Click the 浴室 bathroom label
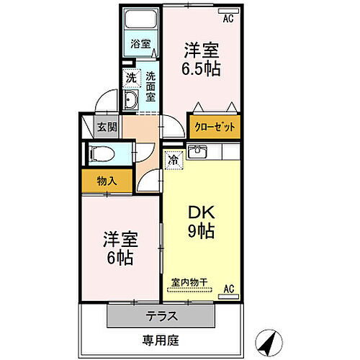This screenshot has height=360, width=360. click(x=140, y=44)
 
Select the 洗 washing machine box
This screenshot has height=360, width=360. click(x=130, y=77)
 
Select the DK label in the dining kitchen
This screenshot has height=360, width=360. click(x=202, y=212)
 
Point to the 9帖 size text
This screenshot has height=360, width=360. click(x=202, y=232)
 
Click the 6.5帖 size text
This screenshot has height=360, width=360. click(x=201, y=70)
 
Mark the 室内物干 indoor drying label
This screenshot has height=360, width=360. click(x=189, y=282)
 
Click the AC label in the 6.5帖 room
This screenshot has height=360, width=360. click(x=227, y=19)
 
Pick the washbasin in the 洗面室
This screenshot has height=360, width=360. click(x=132, y=102)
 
